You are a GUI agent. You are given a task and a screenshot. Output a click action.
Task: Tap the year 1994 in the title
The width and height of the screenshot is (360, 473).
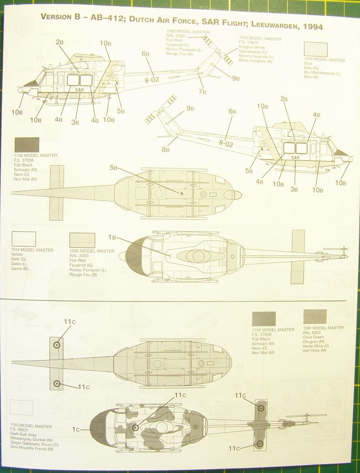tap(311, 27)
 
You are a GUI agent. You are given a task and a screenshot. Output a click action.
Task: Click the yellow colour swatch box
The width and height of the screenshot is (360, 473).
tap(24, 239)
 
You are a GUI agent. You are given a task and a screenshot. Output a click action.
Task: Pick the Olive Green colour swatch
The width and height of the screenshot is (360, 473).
tap(315, 317)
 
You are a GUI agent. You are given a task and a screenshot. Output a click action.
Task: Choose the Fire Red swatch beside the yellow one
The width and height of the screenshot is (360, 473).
tap(82, 240)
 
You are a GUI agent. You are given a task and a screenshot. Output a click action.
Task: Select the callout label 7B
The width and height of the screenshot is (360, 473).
tap(203, 92)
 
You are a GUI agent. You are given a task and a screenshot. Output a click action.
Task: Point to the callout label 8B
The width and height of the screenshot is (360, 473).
tap(165, 149)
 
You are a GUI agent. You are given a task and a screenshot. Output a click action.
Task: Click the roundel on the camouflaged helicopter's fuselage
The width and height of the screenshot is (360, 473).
tap(135, 427)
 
